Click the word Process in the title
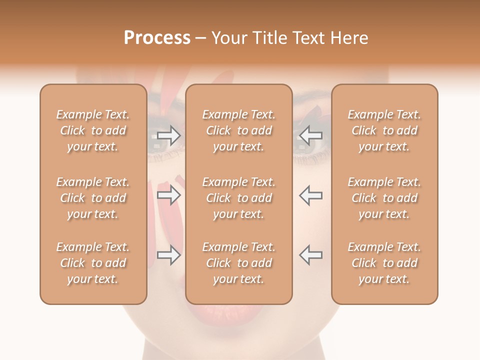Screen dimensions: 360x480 (157, 38)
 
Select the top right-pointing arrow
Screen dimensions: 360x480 (169, 135)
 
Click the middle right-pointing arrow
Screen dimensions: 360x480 (169, 195)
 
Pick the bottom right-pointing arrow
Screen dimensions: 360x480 (169, 255)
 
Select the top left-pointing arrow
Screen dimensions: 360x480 (311, 135)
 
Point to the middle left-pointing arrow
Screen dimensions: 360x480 (311, 195)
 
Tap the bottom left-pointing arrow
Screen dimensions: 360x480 (311, 255)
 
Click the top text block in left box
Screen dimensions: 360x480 (93, 130)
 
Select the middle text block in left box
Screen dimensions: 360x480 (93, 198)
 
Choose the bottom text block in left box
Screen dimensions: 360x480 (93, 263)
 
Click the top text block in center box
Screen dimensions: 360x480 (238, 130)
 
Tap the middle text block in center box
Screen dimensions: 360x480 (238, 198)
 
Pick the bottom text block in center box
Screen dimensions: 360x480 (238, 263)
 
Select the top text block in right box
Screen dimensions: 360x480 (384, 130)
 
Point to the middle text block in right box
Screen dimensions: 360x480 (384, 198)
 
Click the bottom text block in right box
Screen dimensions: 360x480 (384, 263)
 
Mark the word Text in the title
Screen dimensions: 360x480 (309, 38)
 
